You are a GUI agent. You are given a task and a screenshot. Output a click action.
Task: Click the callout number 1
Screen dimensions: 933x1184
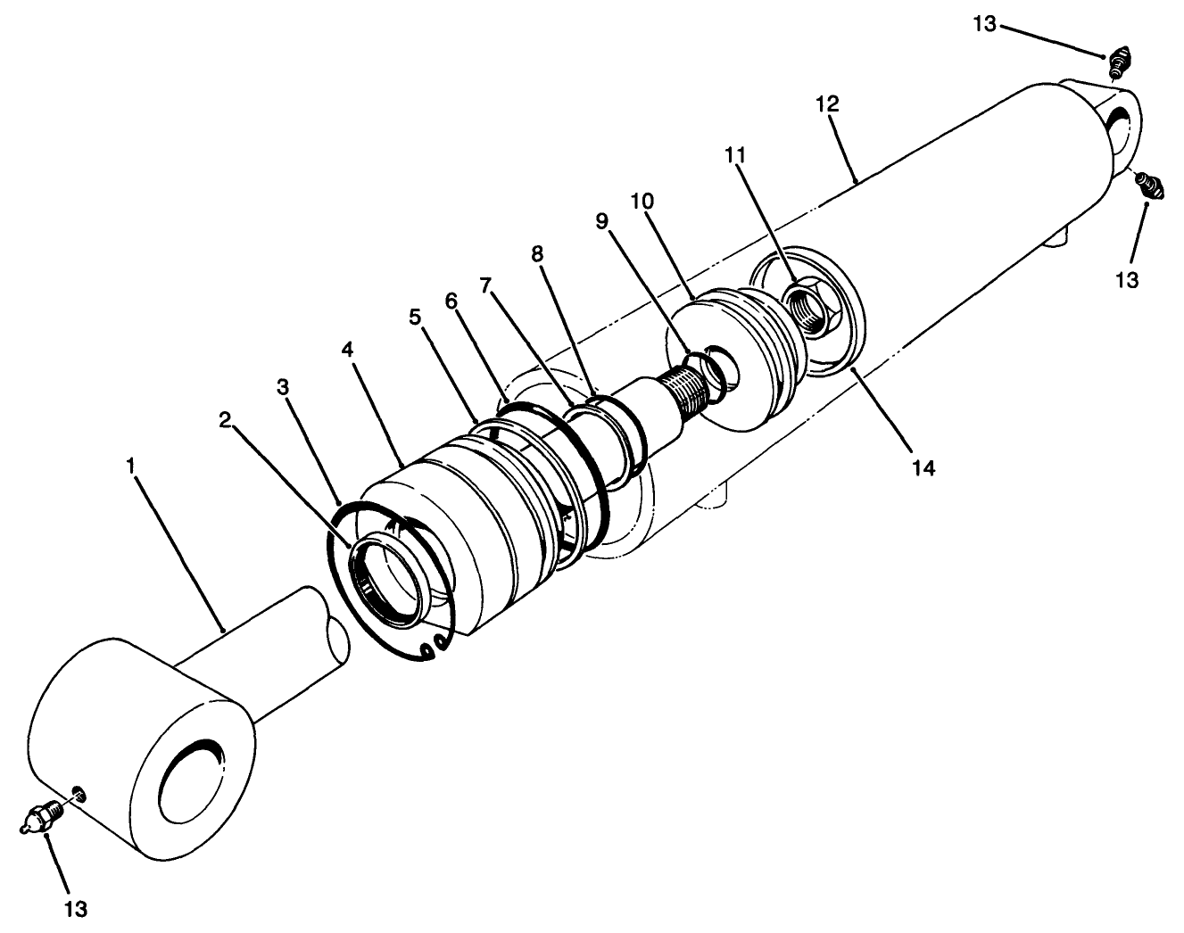coord(130,466)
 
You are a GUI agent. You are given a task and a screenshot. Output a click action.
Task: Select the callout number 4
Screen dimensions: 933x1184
coord(347,349)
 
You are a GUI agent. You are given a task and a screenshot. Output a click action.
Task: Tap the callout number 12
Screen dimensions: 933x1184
coord(826,103)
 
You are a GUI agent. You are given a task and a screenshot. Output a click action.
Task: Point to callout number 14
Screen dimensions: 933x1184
coord(923,466)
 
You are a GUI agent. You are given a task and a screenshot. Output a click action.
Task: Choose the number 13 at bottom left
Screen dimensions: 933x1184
coord(76,908)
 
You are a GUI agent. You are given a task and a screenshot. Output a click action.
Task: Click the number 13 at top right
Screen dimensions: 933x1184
coord(984,24)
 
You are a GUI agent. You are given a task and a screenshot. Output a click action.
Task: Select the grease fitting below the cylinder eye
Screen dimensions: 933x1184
coord(1148,186)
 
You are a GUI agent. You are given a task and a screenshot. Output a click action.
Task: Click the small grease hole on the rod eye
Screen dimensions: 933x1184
coord(79,793)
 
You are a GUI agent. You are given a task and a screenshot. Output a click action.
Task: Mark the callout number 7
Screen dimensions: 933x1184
coord(485,285)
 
